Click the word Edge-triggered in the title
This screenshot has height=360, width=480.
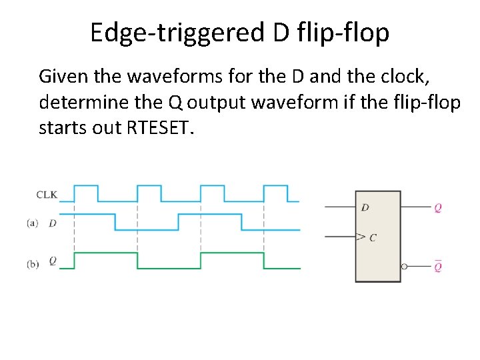coord(177,32)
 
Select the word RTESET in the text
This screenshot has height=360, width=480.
coord(157,127)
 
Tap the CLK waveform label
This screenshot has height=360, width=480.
coord(47,195)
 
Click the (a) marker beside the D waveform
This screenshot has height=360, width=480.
coord(33,223)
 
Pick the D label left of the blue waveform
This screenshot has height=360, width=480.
coord(53,223)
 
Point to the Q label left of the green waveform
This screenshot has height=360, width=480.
coord(53,262)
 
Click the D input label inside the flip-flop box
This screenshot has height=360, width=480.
coord(365,208)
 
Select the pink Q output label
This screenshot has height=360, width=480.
coord(437,208)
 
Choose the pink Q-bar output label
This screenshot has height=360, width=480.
coord(437,267)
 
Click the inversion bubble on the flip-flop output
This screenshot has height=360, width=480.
coord(404,267)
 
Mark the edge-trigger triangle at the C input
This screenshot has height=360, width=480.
coord(360,237)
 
